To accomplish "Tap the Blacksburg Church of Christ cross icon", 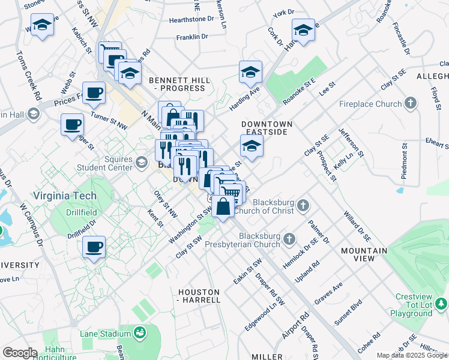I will point(304,206).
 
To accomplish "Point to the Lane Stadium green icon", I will point(140,332).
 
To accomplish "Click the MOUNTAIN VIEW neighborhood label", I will point(364,254).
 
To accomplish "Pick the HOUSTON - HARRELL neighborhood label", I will point(199,295).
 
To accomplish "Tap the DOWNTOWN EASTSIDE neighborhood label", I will point(267,128).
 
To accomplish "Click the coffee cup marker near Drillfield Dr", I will point(94,247).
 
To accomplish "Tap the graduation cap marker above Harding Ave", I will point(251,71).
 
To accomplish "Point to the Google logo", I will point(20,353).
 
